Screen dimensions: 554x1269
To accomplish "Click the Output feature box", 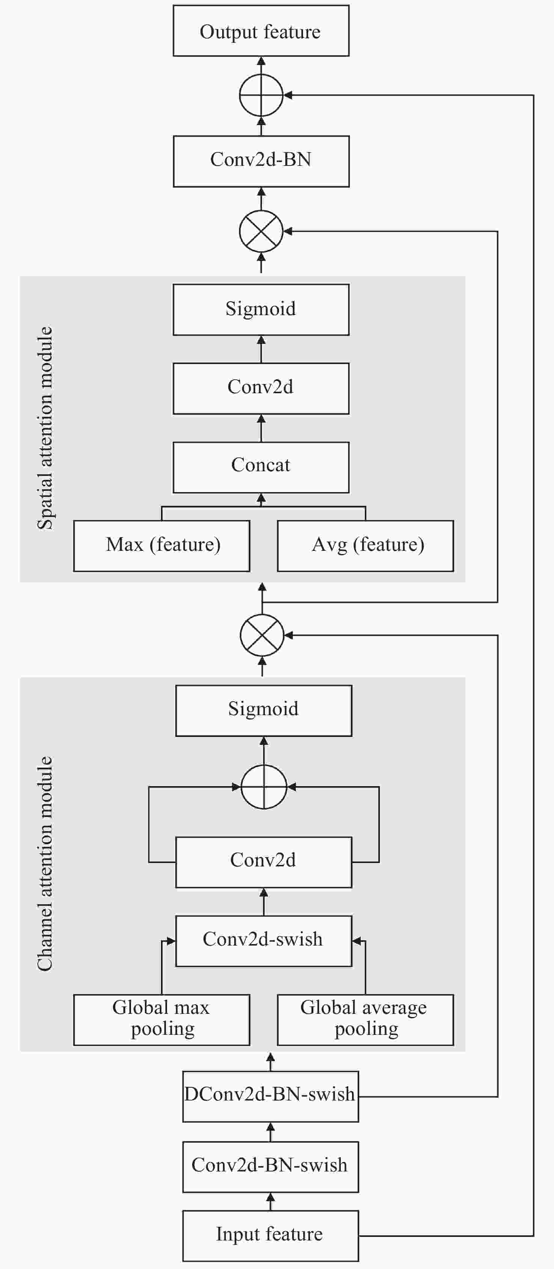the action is coord(261,30).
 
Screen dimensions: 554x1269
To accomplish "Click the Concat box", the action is coord(261,468).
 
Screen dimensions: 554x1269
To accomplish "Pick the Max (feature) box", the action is coord(162,546).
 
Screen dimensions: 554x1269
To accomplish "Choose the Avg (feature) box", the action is coord(366,546).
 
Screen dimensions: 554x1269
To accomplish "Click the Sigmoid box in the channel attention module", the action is coord(264,711).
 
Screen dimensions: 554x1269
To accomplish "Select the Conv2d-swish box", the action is coord(264,941).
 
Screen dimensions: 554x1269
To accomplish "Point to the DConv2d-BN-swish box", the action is coord(271,1096).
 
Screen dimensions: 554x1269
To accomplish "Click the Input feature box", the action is coord(271,1236).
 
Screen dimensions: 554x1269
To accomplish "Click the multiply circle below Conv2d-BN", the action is coord(261,232).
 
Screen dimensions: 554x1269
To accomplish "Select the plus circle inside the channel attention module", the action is coord(264,787).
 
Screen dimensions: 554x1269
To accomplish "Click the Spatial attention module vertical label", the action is coord(45,428).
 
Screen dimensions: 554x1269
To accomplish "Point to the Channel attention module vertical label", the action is coord(45,863).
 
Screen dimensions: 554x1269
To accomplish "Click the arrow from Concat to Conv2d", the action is coord(261,428).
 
